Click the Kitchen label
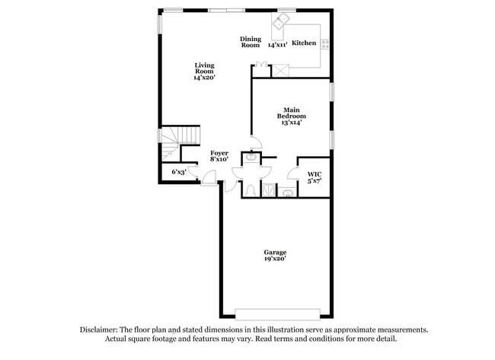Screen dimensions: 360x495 coord(304,43)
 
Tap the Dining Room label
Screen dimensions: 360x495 coord(251,42)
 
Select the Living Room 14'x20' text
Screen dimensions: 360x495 coord(205,72)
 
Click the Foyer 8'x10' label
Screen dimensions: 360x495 coord(220,157)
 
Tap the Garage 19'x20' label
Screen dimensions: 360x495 coord(275,255)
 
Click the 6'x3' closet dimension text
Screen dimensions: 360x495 coord(179,173)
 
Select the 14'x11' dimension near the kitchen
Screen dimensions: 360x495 coord(278,45)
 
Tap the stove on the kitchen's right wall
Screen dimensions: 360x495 coord(325,43)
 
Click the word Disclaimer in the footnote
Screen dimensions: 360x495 coord(98,330)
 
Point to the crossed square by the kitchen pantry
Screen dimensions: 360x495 coord(281,69)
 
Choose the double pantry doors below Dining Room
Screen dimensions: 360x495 coord(261,66)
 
